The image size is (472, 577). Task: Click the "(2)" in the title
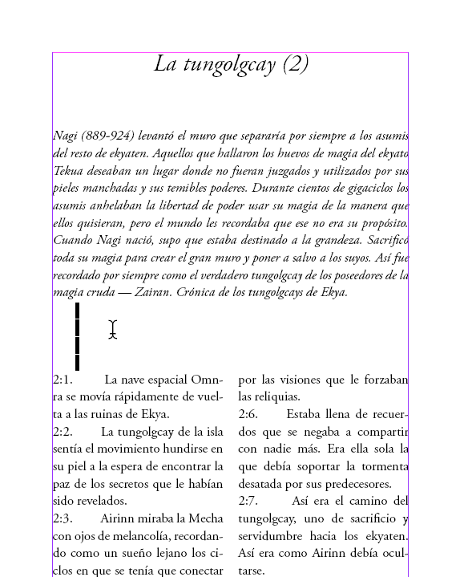(295, 64)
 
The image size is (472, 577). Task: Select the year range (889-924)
(109, 136)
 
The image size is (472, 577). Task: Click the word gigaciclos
(375, 189)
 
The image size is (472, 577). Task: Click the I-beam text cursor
(113, 329)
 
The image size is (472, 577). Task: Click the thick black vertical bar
(77, 336)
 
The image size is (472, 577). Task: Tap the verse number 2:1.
(63, 380)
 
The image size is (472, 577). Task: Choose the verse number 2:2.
(63, 432)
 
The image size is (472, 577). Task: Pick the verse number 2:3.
(63, 518)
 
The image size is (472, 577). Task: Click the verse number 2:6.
(248, 414)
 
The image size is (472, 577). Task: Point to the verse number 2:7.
(248, 501)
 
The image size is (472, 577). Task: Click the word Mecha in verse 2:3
(205, 518)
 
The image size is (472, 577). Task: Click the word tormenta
(380, 466)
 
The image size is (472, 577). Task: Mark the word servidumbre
(277, 536)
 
